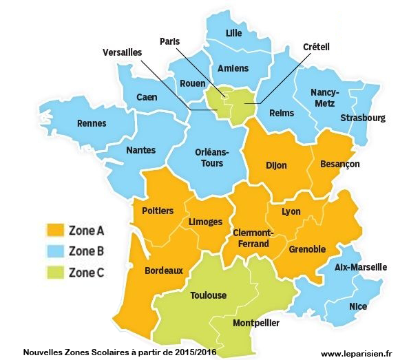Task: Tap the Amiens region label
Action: tap(233, 69)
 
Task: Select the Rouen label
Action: tap(192, 84)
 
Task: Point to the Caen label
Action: tap(146, 97)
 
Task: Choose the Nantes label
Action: tap(140, 150)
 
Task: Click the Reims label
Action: tap(282, 113)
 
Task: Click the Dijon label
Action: tap(276, 165)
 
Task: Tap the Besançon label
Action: tap(339, 165)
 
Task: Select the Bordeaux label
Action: tap(164, 271)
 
